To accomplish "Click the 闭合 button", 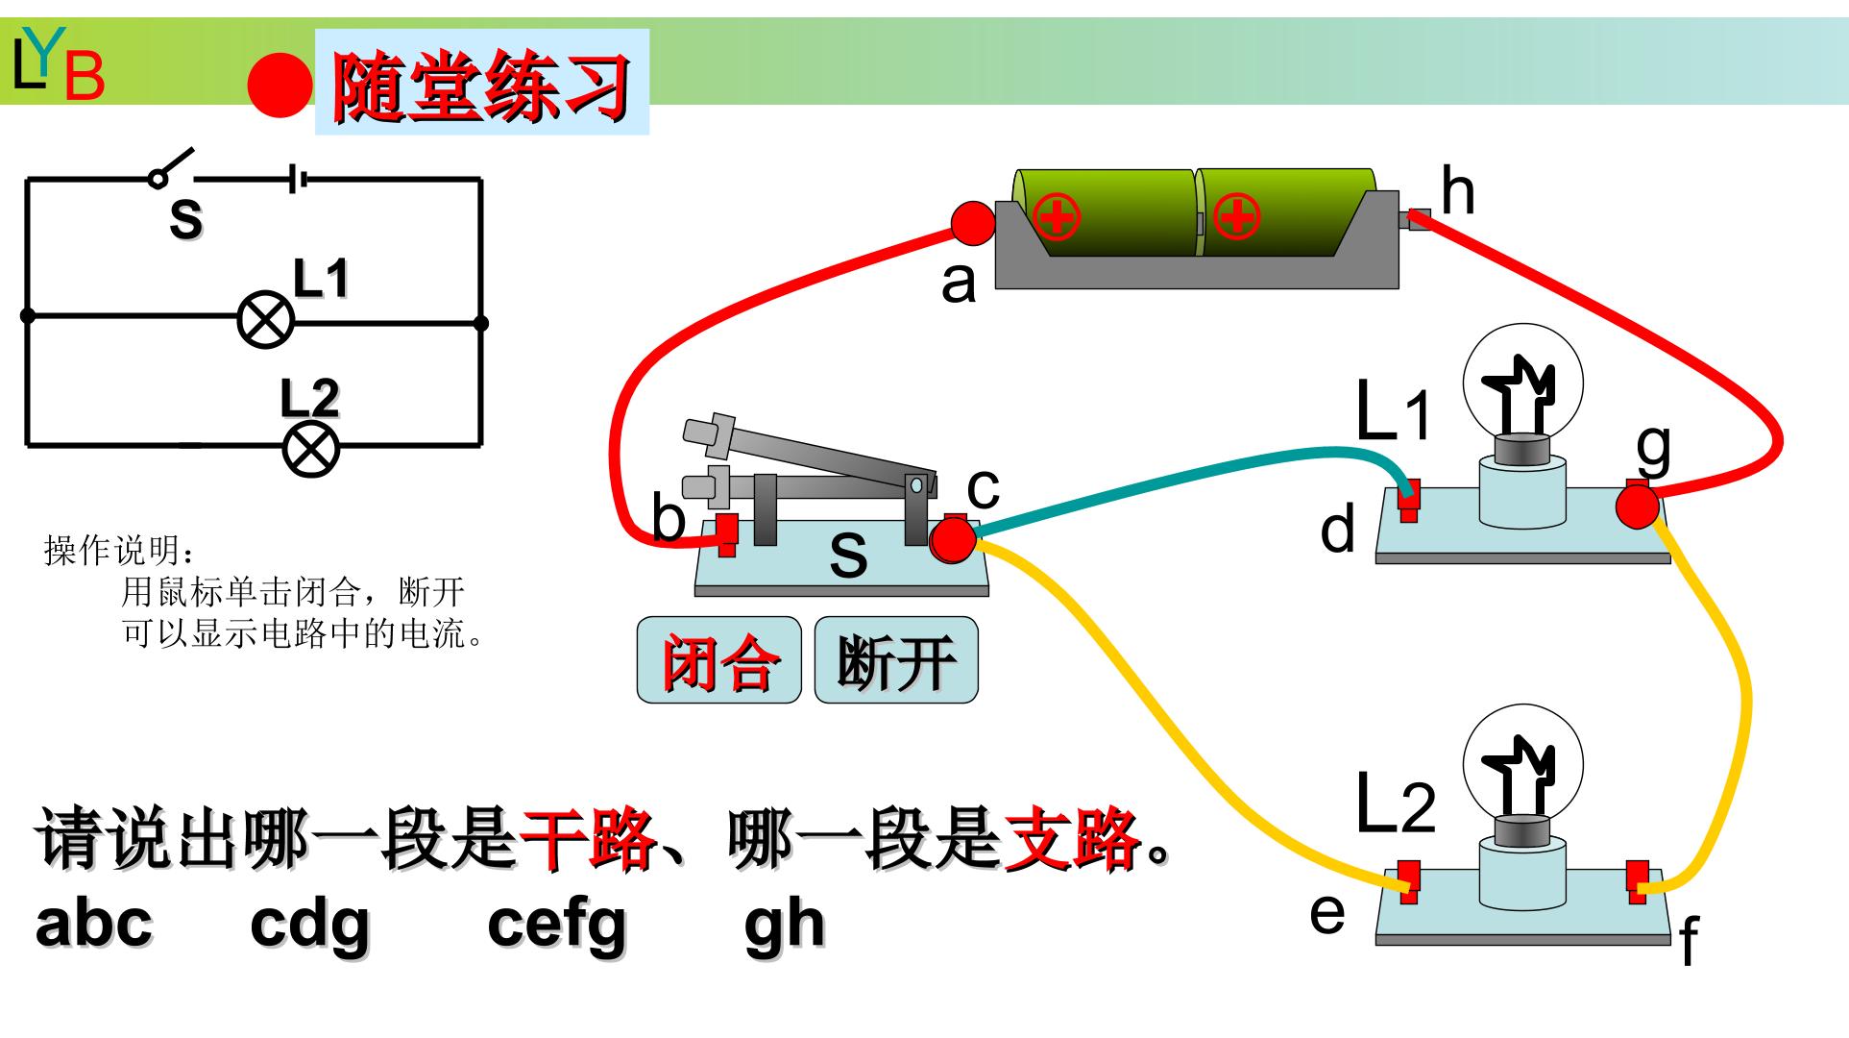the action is point(718,660).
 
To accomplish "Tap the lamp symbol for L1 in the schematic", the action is point(266,320).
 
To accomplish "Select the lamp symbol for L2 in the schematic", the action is point(311,449).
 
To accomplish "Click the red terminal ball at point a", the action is point(973,223).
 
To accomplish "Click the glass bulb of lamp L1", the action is point(1521,383).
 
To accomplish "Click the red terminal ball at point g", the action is point(1636,507).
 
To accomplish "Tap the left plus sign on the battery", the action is point(1058,217).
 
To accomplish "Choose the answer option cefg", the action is point(557,925).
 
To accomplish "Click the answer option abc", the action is point(94,923).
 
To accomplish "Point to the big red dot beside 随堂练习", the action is point(280,85).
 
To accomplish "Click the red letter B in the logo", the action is point(85,77).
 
